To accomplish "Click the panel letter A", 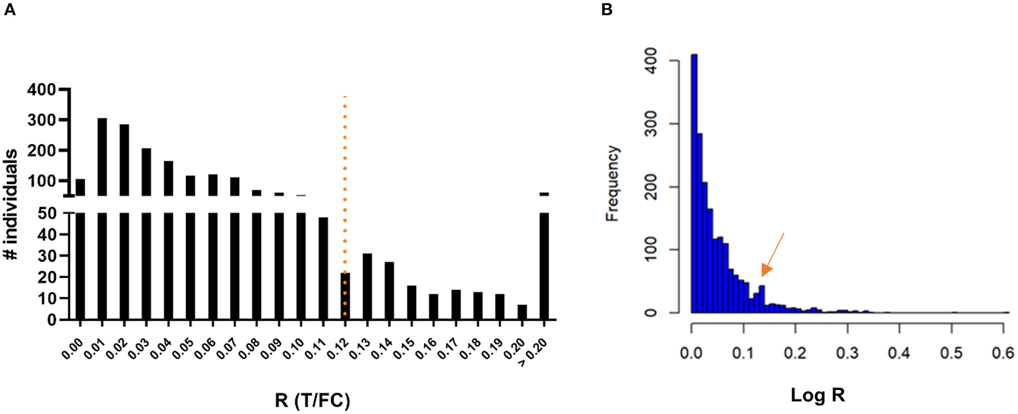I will pyautogui.click(x=10, y=9).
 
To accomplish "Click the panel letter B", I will pyautogui.click(x=607, y=9).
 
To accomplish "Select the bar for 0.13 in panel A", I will pyautogui.click(x=367, y=286).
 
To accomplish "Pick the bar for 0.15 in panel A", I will pyautogui.click(x=412, y=303).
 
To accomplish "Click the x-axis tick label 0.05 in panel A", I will pyautogui.click(x=185, y=349).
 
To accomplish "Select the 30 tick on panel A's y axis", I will pyautogui.click(x=48, y=256).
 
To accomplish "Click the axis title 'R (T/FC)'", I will pyautogui.click(x=312, y=400).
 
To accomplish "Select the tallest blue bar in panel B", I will pyautogui.click(x=695, y=182).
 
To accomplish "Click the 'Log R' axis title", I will pyautogui.click(x=817, y=395).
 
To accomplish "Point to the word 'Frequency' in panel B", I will pyautogui.click(x=612, y=183).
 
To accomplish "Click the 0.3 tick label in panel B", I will pyautogui.click(x=847, y=353).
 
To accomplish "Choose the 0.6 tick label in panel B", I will pyautogui.click(x=1003, y=353).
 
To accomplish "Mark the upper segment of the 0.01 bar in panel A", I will pyautogui.click(x=102, y=157).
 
